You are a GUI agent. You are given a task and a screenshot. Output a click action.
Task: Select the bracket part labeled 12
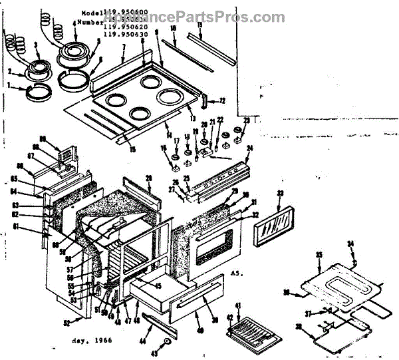(x=204, y=102)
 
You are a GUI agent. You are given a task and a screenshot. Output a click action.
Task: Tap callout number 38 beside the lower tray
(x=299, y=327)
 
